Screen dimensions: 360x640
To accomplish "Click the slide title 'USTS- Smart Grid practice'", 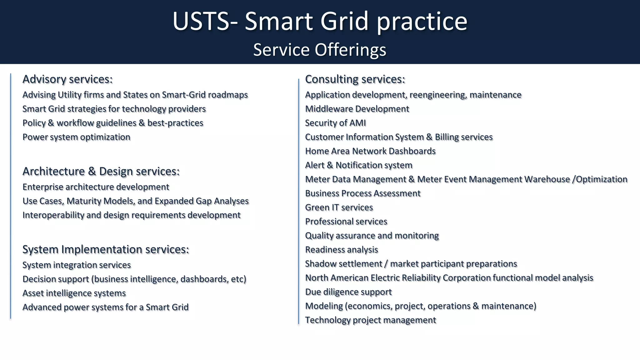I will pos(320,21).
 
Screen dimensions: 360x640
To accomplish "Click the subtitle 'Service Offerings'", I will pos(319,50).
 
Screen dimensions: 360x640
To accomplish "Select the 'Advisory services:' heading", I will pos(67,79).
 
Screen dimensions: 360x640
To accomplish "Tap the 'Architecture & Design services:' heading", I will pos(101,171).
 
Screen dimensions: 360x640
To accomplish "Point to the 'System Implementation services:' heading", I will pos(106,249).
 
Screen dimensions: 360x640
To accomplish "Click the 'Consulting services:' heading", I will pos(355,79).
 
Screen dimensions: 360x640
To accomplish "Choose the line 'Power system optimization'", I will pos(76,137).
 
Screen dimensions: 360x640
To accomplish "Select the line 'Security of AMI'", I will pos(335,123).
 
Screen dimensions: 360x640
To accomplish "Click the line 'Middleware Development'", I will pos(357,109).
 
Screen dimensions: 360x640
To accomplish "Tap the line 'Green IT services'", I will pos(339,207).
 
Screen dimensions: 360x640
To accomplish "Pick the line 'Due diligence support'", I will pos(348,292).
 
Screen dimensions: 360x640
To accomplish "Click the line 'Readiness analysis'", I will pos(341,250).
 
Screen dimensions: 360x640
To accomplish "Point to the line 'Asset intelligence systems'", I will pos(74,293).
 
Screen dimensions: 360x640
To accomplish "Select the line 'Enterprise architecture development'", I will pos(96,187).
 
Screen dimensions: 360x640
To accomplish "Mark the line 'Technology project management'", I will pos(370,320).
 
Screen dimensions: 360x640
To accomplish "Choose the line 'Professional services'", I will pos(346,222).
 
